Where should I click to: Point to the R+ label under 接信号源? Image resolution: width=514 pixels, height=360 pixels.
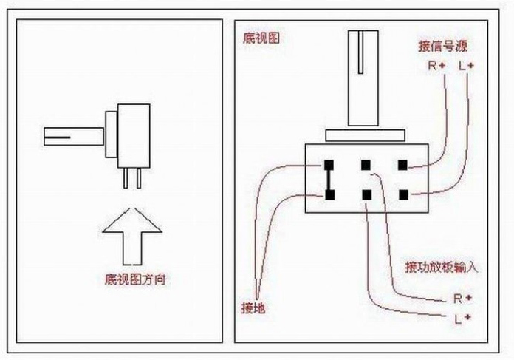click(x=436, y=66)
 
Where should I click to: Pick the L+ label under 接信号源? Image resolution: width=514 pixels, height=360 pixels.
click(x=466, y=66)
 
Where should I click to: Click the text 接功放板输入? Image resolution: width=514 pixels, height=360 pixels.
click(x=441, y=267)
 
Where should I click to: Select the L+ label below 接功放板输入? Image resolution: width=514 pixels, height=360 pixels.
click(x=462, y=318)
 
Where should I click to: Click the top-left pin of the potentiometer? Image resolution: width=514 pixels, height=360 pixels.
click(x=328, y=165)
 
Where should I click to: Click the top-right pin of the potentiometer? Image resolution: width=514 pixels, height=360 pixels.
click(x=402, y=165)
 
